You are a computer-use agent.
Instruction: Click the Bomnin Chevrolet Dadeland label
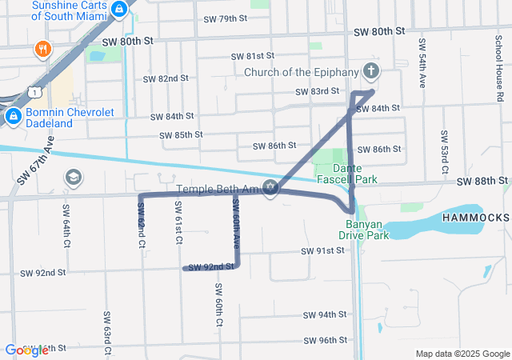tap(70, 118)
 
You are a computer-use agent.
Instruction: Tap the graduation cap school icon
tap(73, 177)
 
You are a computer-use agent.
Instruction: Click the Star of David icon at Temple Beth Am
tap(270, 190)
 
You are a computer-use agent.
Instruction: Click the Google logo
tap(26, 350)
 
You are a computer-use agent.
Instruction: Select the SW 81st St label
tap(253, 57)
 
